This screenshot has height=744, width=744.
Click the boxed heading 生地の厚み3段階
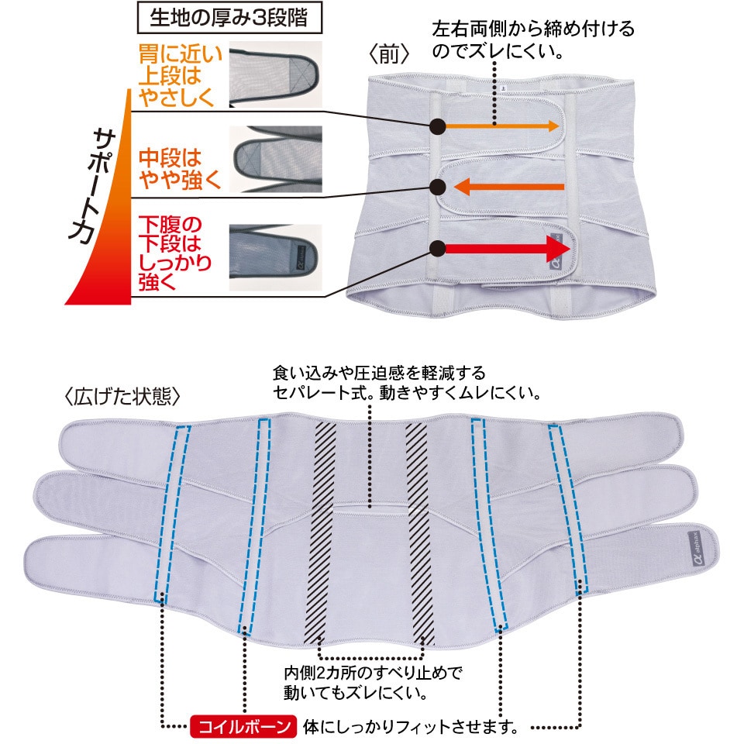[x=229, y=18]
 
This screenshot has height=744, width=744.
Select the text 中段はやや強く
[x=180, y=169]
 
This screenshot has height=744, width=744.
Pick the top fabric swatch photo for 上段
[x=275, y=74]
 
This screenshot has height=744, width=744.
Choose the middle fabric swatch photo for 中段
[x=275, y=159]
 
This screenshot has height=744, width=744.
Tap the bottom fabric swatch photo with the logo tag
[x=275, y=257]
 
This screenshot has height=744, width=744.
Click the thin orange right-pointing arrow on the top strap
[x=501, y=126]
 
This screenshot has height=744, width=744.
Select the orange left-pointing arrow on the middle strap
[x=509, y=186]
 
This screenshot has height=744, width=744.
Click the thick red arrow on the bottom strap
[x=507, y=248]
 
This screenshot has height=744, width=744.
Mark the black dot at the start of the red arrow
[x=437, y=248]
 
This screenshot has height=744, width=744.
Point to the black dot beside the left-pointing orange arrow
[x=437, y=187]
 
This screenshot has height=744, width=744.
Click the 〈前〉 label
[x=388, y=54]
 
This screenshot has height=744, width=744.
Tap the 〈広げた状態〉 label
[x=122, y=397]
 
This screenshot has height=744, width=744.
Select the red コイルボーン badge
[x=243, y=726]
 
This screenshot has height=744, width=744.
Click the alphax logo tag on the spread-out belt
[x=694, y=549]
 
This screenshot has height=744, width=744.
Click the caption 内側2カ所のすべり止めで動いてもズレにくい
[x=373, y=683]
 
